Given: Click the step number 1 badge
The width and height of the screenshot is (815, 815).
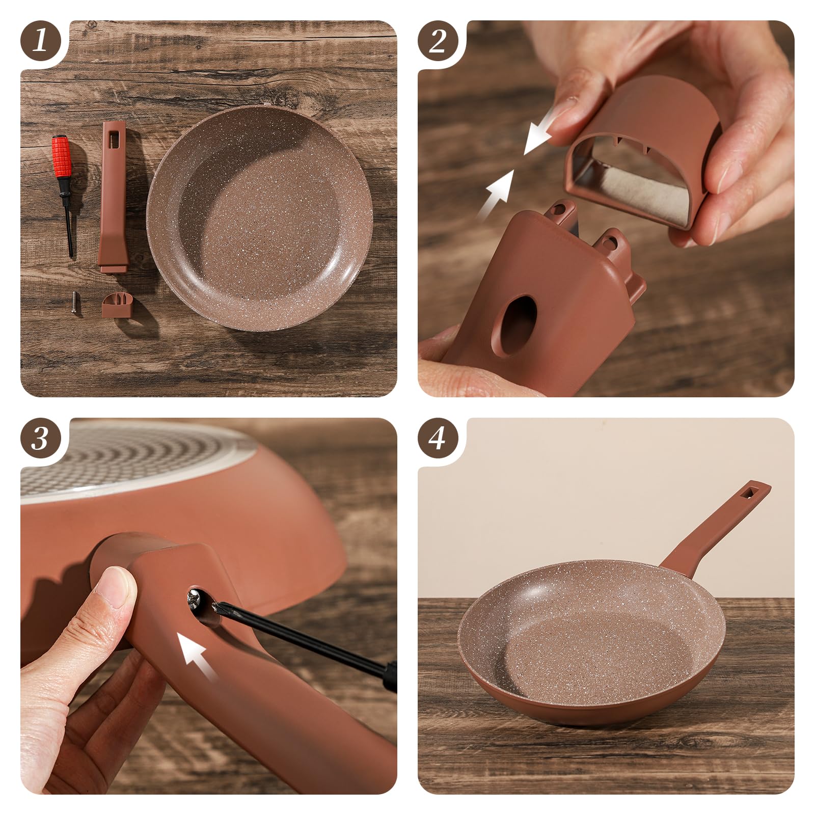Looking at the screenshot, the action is click(41, 41).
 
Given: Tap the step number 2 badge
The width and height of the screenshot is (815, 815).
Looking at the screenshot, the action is click(438, 41).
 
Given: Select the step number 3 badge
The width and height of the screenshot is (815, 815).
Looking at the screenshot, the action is click(41, 438).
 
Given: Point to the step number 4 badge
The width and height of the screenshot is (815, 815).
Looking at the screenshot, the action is click(438, 438).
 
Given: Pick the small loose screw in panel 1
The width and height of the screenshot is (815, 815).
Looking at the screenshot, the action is click(75, 303).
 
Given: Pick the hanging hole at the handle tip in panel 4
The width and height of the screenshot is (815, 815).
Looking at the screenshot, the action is click(750, 493).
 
